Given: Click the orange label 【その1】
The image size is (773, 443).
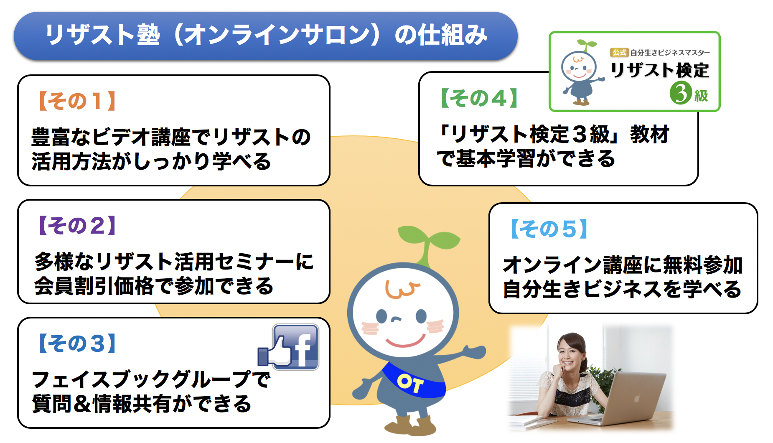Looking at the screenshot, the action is click(77, 101).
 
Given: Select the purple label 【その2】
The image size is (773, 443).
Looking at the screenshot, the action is click(77, 226).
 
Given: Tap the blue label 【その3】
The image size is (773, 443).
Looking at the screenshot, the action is click(77, 344).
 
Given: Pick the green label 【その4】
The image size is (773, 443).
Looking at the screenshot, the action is click(479, 98).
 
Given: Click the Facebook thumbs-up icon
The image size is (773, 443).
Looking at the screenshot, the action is click(288, 347).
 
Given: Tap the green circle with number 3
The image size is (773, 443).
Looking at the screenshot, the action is click(681, 93).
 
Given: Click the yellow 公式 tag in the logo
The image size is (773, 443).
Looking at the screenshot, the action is click(619, 53).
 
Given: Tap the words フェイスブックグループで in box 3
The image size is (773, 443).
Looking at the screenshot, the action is click(151, 379).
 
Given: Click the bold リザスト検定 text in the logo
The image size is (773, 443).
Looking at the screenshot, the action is click(660, 70).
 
